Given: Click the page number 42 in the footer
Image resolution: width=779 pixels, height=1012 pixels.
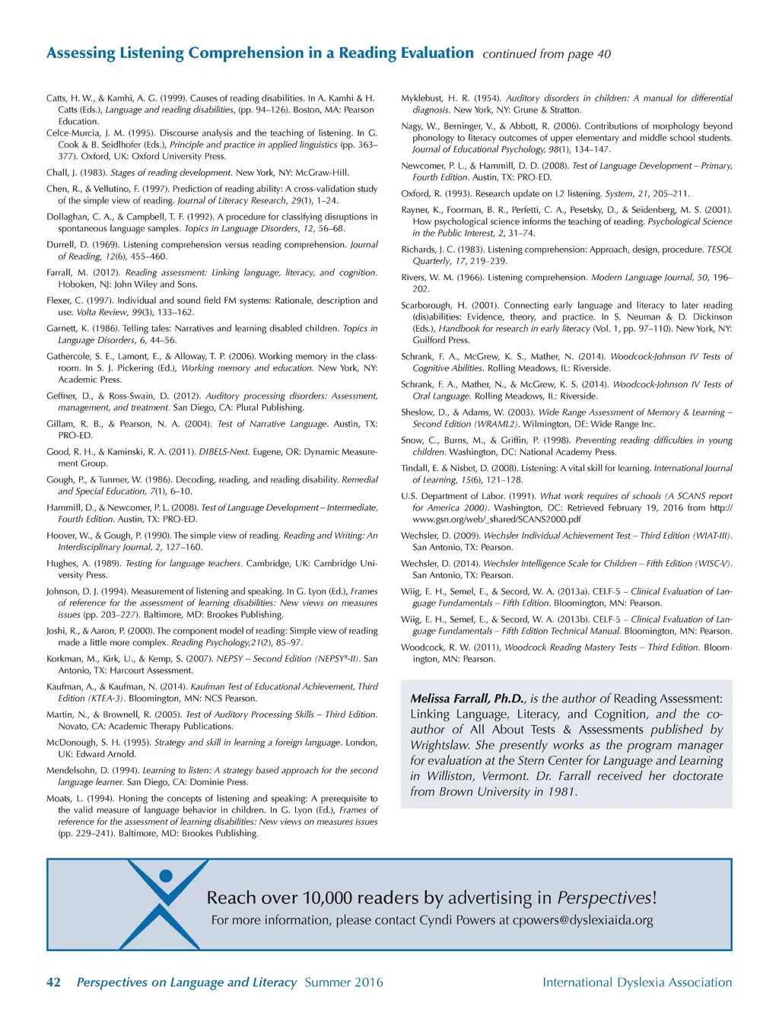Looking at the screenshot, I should click(53, 982).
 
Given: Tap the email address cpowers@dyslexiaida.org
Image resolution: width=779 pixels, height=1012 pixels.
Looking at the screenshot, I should click(583, 920).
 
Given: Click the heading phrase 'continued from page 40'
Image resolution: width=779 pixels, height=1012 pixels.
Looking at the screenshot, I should click(546, 54).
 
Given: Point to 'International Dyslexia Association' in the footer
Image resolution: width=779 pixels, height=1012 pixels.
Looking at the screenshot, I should click(637, 982).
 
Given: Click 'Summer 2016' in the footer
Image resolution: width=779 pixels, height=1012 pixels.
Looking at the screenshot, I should click(344, 982).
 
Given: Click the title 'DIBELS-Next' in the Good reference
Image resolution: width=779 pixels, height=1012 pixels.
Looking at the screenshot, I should click(224, 452).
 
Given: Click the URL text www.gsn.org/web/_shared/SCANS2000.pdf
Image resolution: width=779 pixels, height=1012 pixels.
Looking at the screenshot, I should click(486, 519).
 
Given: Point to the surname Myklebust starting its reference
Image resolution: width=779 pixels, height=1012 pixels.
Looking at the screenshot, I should click(424, 98).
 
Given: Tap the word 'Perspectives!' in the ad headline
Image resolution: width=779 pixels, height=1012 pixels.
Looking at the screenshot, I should click(606, 898).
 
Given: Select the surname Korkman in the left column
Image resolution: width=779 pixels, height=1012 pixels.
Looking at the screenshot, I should click(64, 659).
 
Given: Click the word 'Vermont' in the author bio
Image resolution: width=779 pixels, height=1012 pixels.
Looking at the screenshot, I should click(504, 776).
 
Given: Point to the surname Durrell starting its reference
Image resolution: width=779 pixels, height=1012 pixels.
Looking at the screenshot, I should click(62, 245).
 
